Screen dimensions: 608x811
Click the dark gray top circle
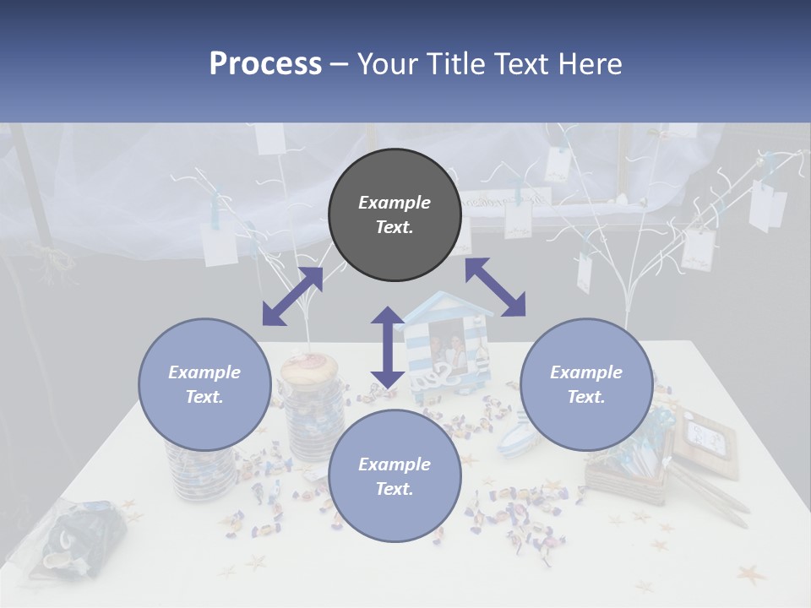[395, 214]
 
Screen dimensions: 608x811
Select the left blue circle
[204, 384]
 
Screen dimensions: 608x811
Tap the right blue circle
[586, 384]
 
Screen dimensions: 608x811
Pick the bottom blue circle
[395, 475]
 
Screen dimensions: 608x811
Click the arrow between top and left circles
[292, 296]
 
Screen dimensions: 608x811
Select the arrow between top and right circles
[495, 287]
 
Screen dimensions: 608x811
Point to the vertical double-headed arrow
[388, 347]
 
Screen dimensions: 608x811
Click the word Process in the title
[265, 64]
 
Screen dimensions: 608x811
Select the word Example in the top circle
[395, 203]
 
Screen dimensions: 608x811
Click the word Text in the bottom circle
[393, 489]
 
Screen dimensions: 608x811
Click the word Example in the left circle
[204, 372]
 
